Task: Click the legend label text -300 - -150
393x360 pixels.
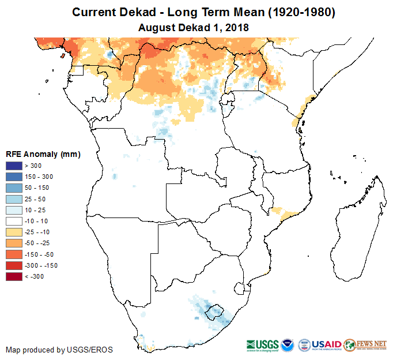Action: point(41,265)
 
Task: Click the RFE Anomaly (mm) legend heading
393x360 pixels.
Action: point(43,154)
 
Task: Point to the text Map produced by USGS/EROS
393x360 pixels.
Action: point(59,350)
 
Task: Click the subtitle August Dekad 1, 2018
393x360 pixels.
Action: point(197,27)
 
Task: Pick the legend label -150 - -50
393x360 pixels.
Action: point(40,254)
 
